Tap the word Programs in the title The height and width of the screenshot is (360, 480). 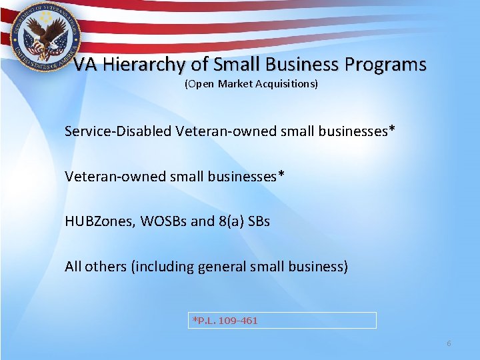click(386, 65)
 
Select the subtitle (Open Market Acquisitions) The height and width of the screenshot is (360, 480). click(251, 84)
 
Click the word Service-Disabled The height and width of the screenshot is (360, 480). click(118, 131)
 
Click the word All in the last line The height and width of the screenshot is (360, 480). click(73, 267)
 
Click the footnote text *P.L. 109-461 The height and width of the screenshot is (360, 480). click(225, 321)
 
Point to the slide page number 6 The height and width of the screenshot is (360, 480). click(449, 343)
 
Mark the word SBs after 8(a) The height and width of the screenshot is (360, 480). click(259, 221)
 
